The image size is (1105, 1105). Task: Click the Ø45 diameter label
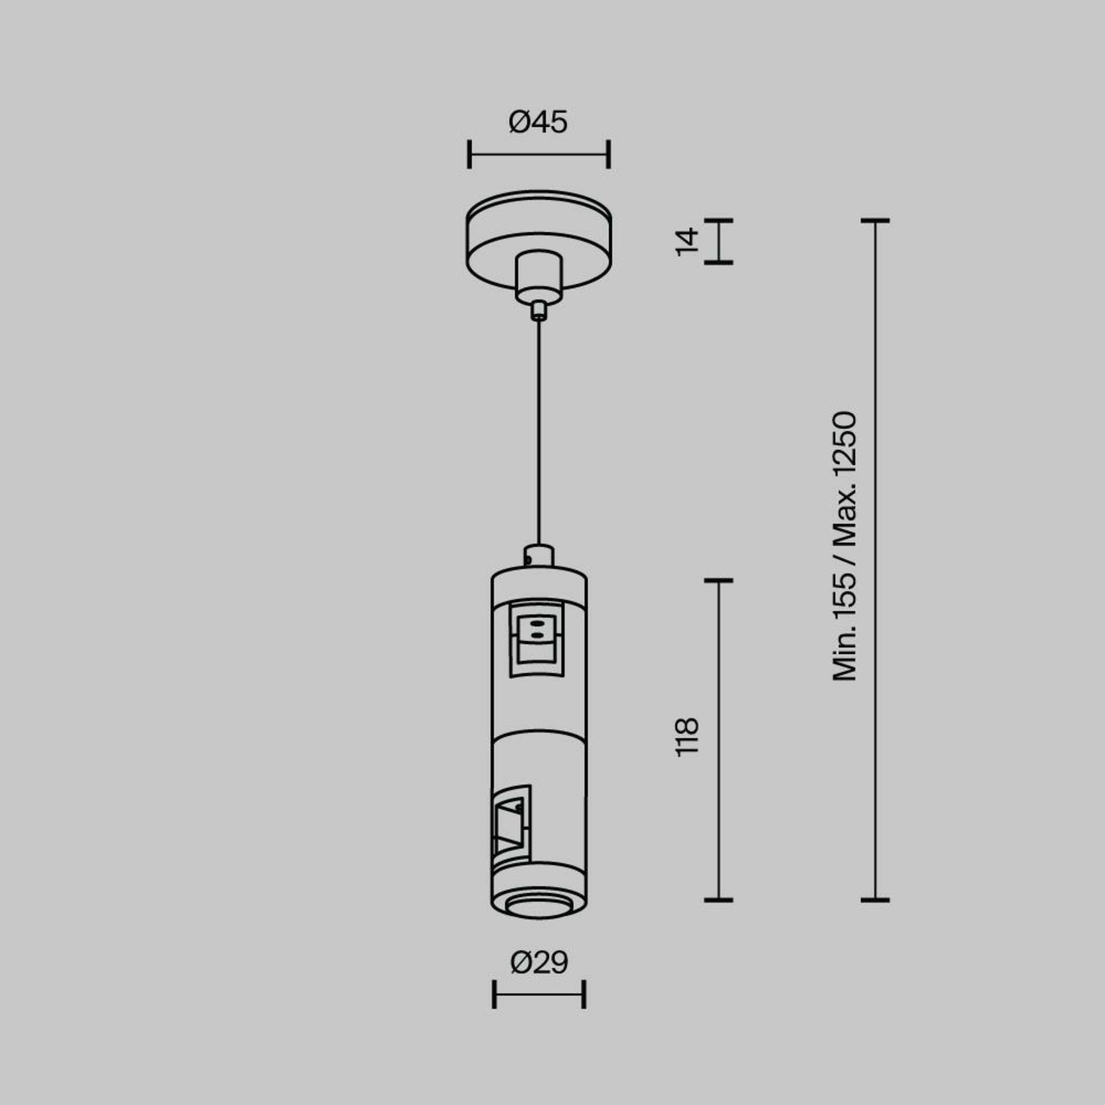click(538, 123)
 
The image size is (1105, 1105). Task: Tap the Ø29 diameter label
click(539, 962)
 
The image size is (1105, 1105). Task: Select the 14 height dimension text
click(687, 242)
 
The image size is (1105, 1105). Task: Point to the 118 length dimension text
click(687, 737)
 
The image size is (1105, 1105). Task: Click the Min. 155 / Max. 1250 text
click(845, 546)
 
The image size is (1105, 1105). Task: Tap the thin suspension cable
click(539, 432)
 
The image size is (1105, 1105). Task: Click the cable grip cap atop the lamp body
click(539, 556)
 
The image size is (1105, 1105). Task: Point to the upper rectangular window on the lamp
click(537, 638)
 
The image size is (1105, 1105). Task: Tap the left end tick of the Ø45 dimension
click(470, 154)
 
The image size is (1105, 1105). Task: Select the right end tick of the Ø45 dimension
click(608, 154)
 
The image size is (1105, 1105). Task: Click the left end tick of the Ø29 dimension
click(494, 994)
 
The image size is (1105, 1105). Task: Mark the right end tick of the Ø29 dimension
click(584, 994)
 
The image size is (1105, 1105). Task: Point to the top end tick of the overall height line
click(875, 220)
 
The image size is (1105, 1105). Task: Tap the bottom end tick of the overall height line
click(875, 899)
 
